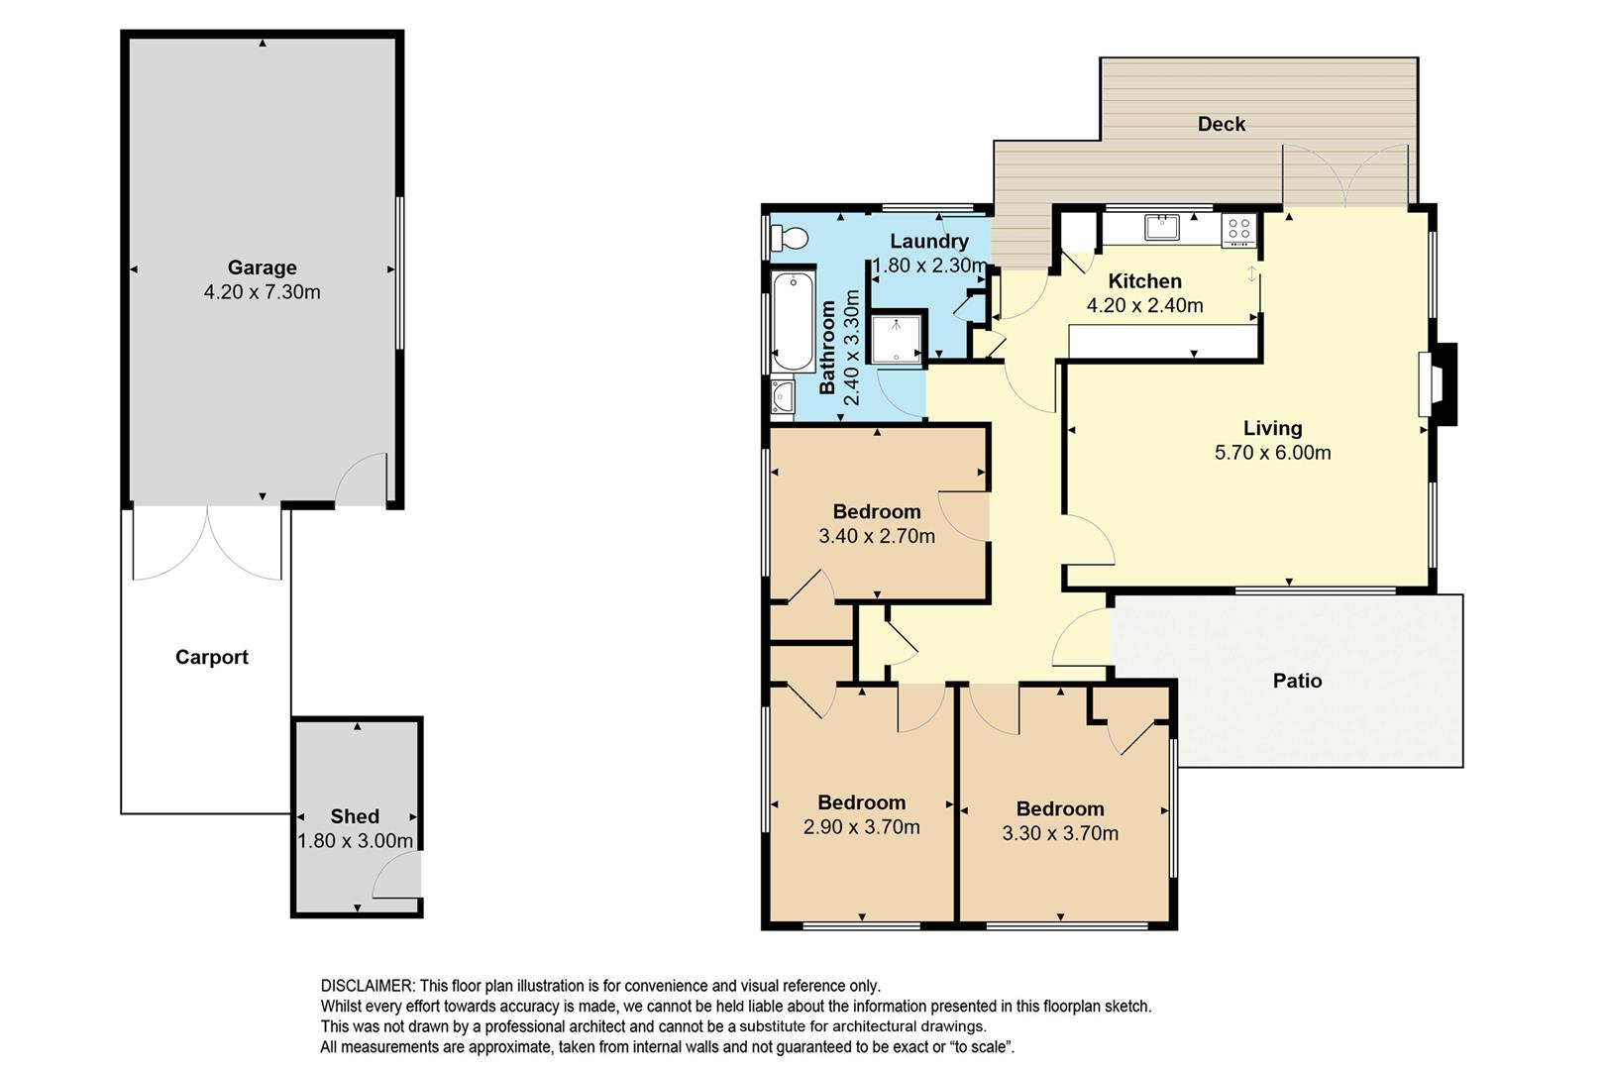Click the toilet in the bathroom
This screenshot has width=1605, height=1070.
pyautogui.click(x=789, y=238)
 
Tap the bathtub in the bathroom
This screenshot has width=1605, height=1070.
pyautogui.click(x=794, y=321)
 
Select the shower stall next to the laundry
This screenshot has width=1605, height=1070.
pyautogui.click(x=896, y=337)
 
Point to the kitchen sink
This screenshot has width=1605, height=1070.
pyautogui.click(x=1161, y=228)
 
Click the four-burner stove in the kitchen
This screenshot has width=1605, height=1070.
pyautogui.click(x=1238, y=229)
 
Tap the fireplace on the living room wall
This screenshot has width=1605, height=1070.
pyautogui.click(x=1438, y=384)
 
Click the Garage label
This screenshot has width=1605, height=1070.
pyautogui.click(x=263, y=267)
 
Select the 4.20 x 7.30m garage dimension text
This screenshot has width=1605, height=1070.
pyautogui.click(x=263, y=292)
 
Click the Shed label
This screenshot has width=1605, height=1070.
pyautogui.click(x=355, y=816)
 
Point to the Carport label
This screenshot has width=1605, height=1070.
pyautogui.click(x=212, y=657)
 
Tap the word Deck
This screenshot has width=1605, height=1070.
pyautogui.click(x=1222, y=124)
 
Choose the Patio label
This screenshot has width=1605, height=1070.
pyautogui.click(x=1298, y=680)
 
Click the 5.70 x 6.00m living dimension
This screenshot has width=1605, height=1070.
pyautogui.click(x=1272, y=453)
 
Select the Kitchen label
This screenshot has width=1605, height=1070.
pyautogui.click(x=1145, y=281)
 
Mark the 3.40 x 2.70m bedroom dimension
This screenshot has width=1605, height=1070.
pyautogui.click(x=877, y=536)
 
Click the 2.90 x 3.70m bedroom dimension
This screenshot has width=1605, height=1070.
pyautogui.click(x=862, y=827)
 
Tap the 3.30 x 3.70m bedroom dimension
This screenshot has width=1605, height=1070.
pyautogui.click(x=1060, y=833)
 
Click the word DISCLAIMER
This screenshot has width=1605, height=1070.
pyautogui.click(x=368, y=986)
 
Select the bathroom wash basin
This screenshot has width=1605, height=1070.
pyautogui.click(x=783, y=396)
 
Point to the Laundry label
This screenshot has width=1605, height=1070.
pyautogui.click(x=929, y=242)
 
